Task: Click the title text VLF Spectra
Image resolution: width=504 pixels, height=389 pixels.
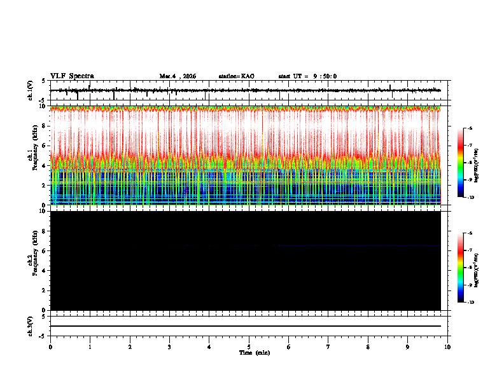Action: (71, 76)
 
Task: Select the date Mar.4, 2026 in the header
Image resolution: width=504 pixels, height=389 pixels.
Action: (178, 76)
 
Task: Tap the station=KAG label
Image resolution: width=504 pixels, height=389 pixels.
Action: (236, 76)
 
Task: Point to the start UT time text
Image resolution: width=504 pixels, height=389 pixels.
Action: (307, 76)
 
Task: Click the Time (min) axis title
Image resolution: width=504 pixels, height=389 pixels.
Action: (253, 352)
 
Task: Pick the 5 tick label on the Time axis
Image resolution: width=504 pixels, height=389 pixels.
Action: (249, 346)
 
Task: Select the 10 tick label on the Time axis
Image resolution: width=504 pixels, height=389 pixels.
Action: (448, 346)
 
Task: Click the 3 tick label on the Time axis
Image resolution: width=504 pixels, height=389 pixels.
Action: (169, 346)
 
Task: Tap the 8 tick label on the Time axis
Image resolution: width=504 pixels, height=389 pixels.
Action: (368, 346)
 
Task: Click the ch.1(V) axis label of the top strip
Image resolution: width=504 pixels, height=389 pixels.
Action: (31, 91)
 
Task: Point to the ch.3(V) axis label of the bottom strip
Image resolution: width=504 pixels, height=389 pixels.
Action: (31, 325)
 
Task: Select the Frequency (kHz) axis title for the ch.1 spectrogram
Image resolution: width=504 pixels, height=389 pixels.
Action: (35, 156)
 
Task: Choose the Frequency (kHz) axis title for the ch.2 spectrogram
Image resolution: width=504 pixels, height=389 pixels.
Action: (35, 261)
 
